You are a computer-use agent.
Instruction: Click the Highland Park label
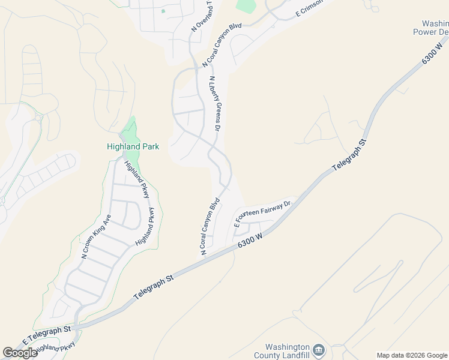[x=133, y=146]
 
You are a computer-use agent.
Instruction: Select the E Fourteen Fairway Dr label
[x=262, y=212]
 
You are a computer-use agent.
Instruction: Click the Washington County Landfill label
[x=288, y=352]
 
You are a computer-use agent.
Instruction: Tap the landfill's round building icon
[x=319, y=350]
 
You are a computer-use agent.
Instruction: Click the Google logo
[x=20, y=353]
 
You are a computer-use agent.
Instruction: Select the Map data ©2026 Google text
[x=412, y=355]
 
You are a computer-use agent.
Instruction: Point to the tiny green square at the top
[x=163, y=11]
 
